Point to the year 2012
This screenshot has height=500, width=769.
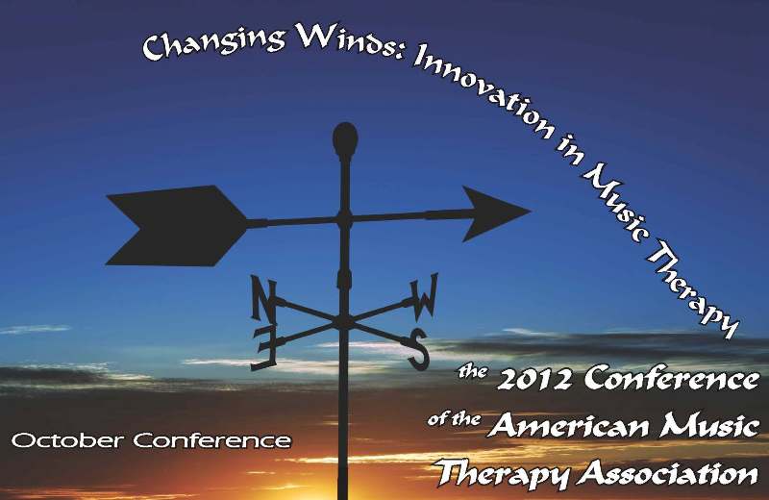(534, 379)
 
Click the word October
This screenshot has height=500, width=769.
(67, 440)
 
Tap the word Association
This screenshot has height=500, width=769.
(667, 474)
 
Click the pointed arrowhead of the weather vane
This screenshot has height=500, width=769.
(495, 213)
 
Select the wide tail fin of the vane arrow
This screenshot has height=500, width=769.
(177, 226)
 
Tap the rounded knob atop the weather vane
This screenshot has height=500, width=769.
(345, 138)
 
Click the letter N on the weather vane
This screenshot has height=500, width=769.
(263, 297)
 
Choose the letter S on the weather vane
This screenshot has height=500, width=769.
(418, 350)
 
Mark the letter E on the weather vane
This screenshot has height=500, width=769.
(264, 348)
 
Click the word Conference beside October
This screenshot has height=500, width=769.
(211, 440)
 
